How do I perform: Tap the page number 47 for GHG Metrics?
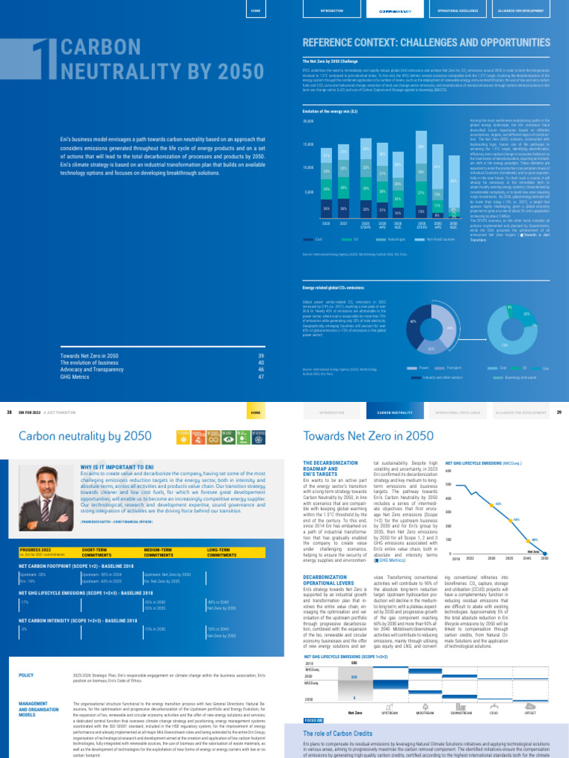(261, 377)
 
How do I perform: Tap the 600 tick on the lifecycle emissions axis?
(448, 471)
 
